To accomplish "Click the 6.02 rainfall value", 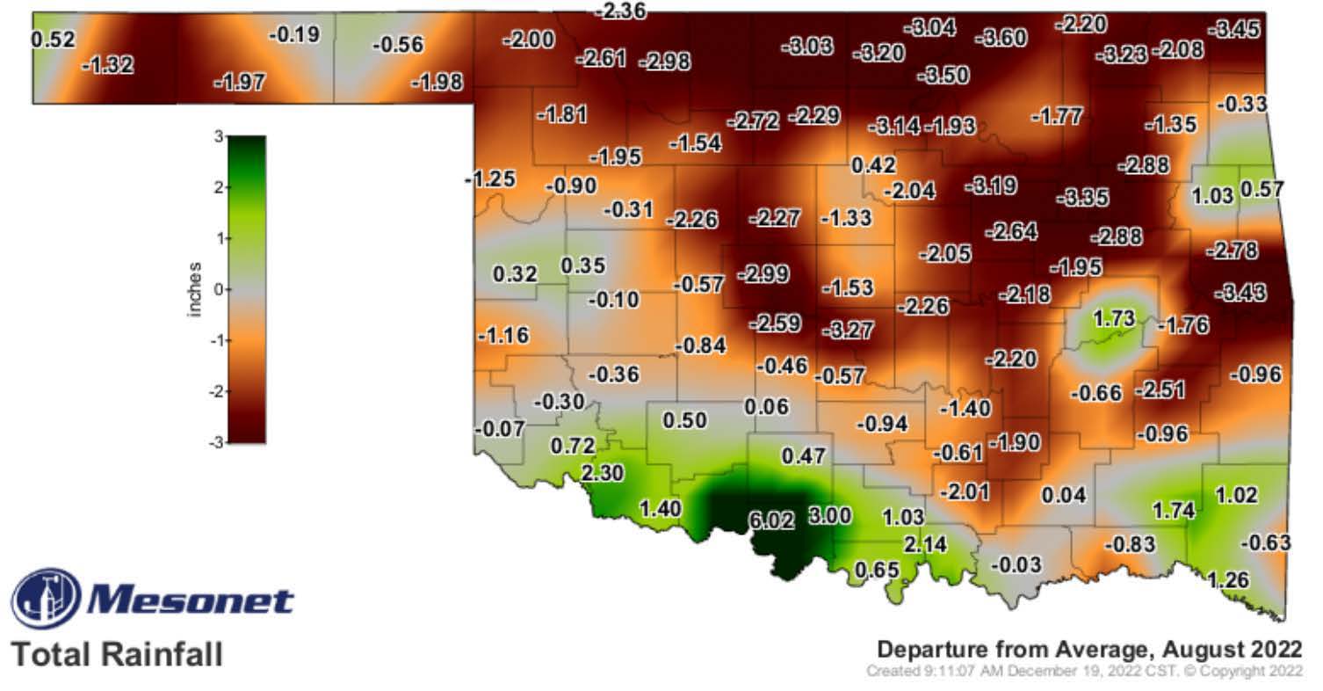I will pyautogui.click(x=771, y=520).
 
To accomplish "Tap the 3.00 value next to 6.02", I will pyautogui.click(x=829, y=516).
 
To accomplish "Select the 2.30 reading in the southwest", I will pyautogui.click(x=602, y=473).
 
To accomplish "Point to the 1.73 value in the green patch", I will pyautogui.click(x=1114, y=318).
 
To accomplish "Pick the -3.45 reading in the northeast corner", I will pyautogui.click(x=1233, y=29).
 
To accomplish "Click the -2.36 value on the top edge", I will pyautogui.click(x=620, y=11).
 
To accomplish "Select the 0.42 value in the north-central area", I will pyautogui.click(x=873, y=164).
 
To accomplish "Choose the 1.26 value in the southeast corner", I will pyautogui.click(x=1228, y=580).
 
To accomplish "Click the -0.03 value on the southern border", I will pyautogui.click(x=1017, y=564).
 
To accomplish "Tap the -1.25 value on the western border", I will pyautogui.click(x=489, y=179).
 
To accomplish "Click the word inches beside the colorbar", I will pyautogui.click(x=195, y=289).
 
